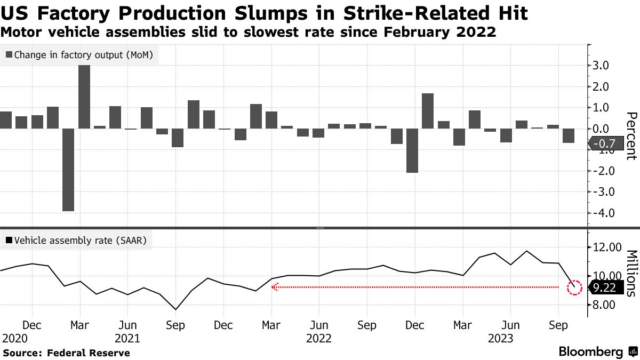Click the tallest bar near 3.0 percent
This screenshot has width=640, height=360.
(x=84, y=97)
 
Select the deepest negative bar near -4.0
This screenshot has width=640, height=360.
(x=68, y=170)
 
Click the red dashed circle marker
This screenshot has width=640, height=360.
(x=574, y=287)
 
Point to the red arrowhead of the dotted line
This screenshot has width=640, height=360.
(x=275, y=287)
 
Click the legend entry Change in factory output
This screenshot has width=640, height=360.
(x=79, y=54)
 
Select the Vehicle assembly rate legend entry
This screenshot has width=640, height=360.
(x=77, y=241)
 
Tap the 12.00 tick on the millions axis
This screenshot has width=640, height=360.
(x=607, y=247)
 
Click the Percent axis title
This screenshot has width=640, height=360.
(x=631, y=136)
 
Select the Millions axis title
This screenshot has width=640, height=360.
(x=631, y=273)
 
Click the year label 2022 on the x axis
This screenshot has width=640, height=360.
(x=319, y=339)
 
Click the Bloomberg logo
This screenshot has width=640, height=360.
(x=591, y=352)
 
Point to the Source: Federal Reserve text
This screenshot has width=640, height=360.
(x=67, y=353)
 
